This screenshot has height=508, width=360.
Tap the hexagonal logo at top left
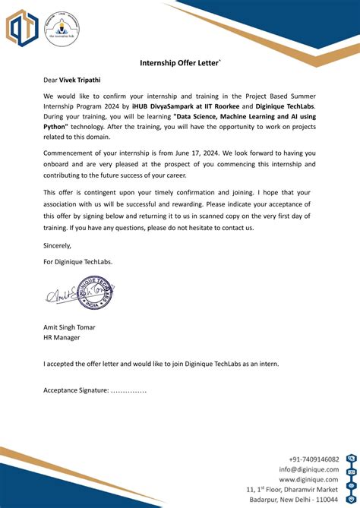23,28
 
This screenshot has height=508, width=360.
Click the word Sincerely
57,245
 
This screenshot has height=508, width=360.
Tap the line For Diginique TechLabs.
77,261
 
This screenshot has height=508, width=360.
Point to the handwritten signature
65,295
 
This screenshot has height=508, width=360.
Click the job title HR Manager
62,338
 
